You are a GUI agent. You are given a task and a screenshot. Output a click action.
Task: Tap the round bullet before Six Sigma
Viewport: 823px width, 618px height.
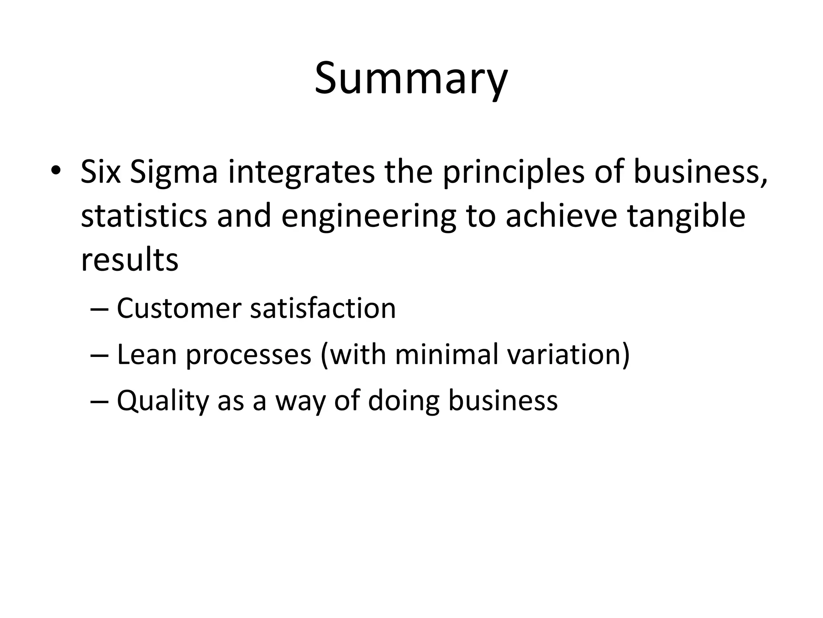pyautogui.click(x=56, y=171)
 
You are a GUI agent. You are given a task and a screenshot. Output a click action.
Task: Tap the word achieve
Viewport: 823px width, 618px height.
pyautogui.click(x=561, y=216)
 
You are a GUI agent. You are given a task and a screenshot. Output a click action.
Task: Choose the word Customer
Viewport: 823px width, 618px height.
pyautogui.click(x=178, y=309)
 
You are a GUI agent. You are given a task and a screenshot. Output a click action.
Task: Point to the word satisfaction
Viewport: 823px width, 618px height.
pyautogui.click(x=323, y=309)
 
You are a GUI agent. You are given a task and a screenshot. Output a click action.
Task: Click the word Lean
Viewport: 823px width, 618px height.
pyautogui.click(x=147, y=354)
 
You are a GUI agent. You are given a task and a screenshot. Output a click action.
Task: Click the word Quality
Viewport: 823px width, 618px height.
pyautogui.click(x=163, y=402)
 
